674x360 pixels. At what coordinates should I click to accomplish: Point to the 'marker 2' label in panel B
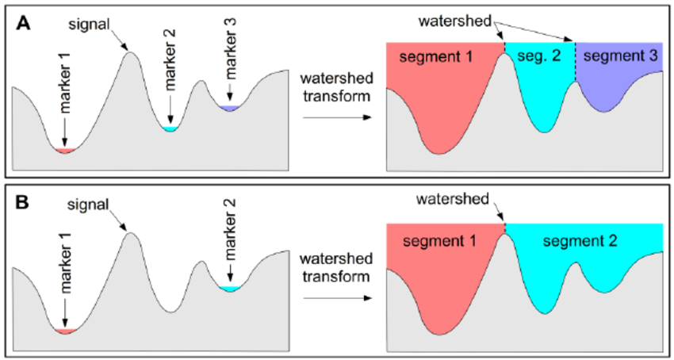tap(230, 231)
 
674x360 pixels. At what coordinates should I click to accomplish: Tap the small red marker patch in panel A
tap(65, 150)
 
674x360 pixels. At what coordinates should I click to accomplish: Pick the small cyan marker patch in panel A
tap(169, 128)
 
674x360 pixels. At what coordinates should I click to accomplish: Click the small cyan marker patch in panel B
tap(230, 289)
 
